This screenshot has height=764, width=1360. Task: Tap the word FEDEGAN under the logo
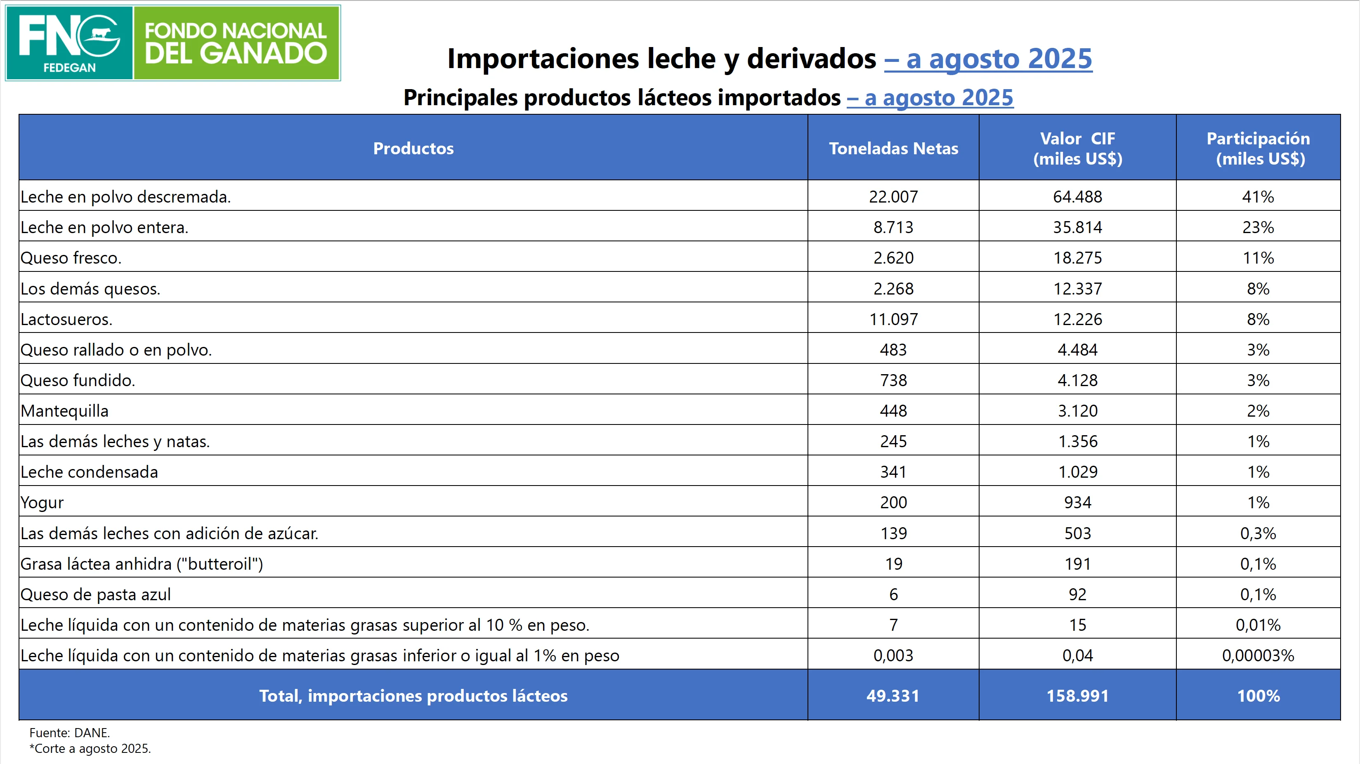[x=69, y=68]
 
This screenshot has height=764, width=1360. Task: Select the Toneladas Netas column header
[x=893, y=149]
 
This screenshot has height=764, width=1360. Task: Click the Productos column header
[x=413, y=149]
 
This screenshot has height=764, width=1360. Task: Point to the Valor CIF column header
[x=1077, y=149]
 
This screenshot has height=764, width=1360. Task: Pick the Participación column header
[x=1258, y=149]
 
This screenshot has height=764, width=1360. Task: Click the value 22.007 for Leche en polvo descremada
[x=893, y=196]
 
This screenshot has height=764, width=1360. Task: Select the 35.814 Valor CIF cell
[x=1077, y=227]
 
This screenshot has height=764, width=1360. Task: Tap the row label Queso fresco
[x=71, y=258]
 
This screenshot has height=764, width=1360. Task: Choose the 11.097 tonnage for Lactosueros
[x=893, y=319]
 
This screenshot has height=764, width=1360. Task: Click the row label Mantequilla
[x=64, y=411]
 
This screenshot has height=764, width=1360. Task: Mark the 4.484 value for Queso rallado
[x=1077, y=349]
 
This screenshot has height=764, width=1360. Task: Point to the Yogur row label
[x=42, y=502]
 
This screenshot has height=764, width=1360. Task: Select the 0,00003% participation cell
[x=1258, y=655]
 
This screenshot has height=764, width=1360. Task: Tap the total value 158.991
[x=1077, y=696]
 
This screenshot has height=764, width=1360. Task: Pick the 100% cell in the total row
[x=1258, y=696]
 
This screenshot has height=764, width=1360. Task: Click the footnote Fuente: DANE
[x=70, y=733]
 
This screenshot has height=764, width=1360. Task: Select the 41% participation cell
[x=1258, y=196]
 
